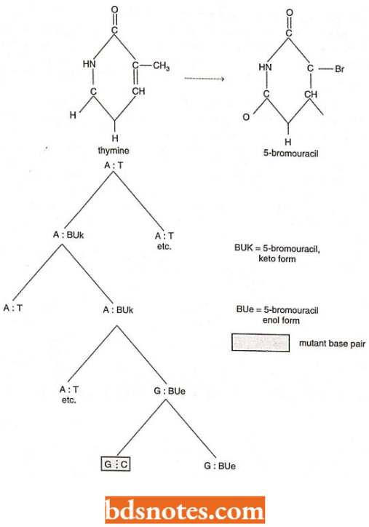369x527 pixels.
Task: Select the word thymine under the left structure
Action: point(113,150)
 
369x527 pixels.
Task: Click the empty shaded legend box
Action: point(261,343)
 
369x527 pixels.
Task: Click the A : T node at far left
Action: point(14,308)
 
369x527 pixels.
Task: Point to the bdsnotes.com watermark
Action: point(184,508)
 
